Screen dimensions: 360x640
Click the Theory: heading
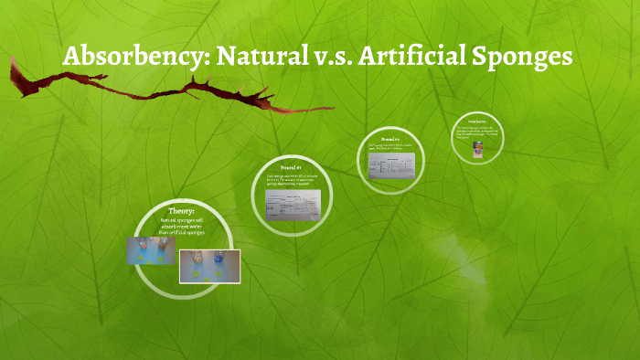(x=181, y=211)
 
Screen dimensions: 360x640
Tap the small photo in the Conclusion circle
(x=478, y=148)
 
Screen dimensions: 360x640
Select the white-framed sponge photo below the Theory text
(x=209, y=265)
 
